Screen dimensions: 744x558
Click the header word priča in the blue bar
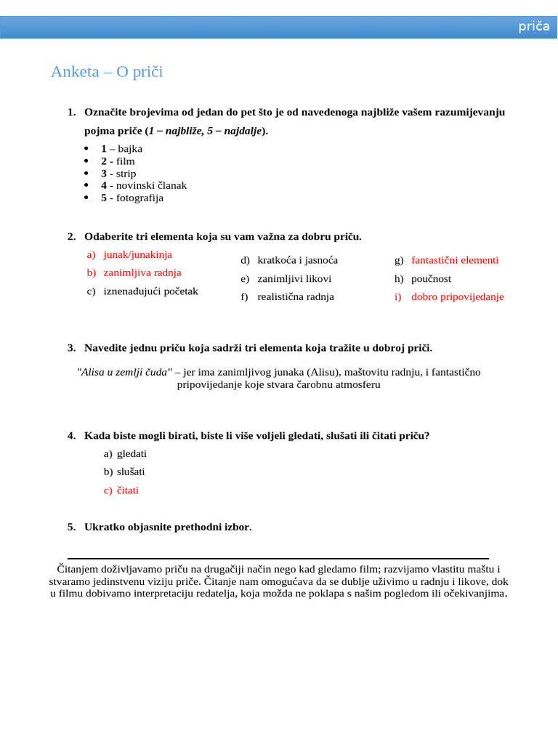coord(533,27)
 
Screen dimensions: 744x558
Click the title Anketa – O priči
coord(107,72)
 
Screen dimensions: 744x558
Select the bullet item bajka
coord(130,149)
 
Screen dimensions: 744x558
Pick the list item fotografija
coord(139,198)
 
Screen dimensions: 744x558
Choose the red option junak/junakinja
coord(137,255)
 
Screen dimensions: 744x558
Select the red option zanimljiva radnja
coord(142,272)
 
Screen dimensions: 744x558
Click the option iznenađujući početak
coord(150,291)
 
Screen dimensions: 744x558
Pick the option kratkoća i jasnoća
coord(297,260)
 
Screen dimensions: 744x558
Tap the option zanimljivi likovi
coord(294,278)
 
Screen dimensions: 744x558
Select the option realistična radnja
coord(296,296)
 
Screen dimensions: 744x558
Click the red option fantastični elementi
coord(455,260)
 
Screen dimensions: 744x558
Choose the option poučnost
coord(431,278)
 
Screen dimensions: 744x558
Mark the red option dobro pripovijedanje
coord(457,296)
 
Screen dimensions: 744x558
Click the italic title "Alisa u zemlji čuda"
coord(124,372)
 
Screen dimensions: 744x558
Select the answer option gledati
coord(132,453)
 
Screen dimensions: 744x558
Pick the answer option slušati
coord(131,472)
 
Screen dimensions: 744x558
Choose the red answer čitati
coord(127,490)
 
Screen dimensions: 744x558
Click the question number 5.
coord(71,527)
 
